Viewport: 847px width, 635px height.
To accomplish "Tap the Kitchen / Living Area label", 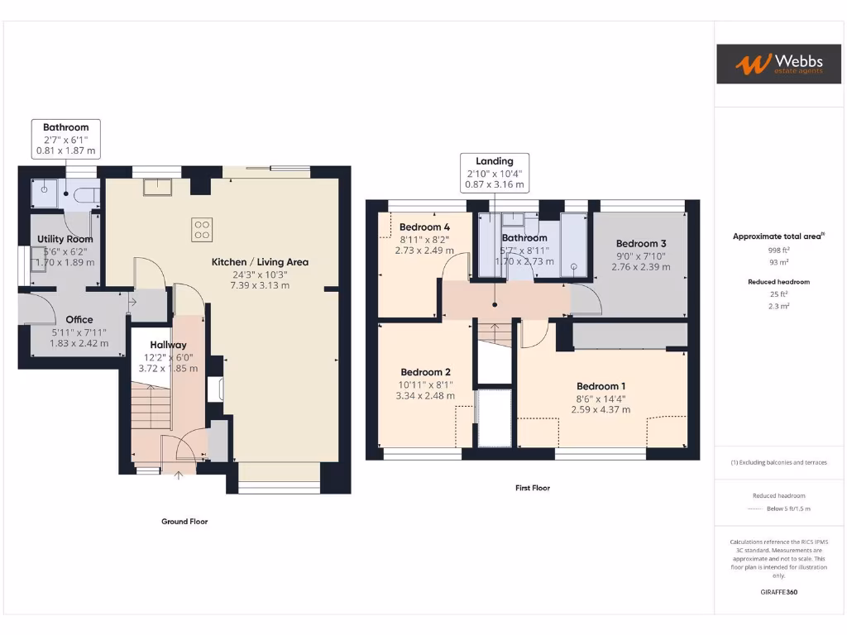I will click(x=260, y=262).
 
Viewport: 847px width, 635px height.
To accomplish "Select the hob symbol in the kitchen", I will click(x=201, y=229).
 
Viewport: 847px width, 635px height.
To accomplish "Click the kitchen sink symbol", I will click(x=157, y=188).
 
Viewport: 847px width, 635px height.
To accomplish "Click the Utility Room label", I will click(x=65, y=239).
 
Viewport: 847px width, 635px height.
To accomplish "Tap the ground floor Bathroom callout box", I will click(x=65, y=139).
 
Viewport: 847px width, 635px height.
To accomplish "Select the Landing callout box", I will click(x=495, y=172).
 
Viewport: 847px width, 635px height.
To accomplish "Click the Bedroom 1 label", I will click(x=601, y=386).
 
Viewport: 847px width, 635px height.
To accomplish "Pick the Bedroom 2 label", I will click(x=425, y=372).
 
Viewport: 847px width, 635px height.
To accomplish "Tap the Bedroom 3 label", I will click(x=641, y=243).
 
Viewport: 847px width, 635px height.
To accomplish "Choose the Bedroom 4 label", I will click(x=424, y=227).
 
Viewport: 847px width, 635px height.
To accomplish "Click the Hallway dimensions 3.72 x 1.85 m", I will click(x=168, y=368).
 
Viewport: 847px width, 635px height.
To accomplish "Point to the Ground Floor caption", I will click(x=184, y=522).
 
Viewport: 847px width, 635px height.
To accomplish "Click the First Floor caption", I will click(x=533, y=488).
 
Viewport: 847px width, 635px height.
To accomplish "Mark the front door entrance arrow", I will click(x=180, y=473).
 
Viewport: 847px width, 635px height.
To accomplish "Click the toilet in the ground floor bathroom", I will click(x=84, y=195).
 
